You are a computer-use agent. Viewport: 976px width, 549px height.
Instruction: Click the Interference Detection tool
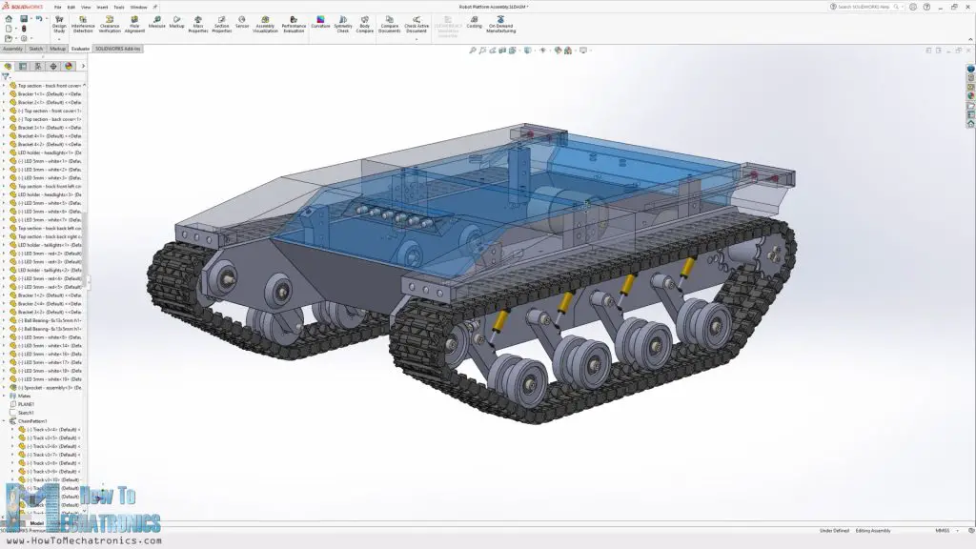coord(83,23)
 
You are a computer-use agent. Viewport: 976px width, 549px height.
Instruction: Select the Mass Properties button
coord(198,23)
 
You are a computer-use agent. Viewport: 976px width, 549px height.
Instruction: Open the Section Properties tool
coord(221,23)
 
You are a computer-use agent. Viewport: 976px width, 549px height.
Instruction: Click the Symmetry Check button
coord(343,23)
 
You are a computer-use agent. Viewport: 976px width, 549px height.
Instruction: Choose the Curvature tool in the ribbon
coord(320,23)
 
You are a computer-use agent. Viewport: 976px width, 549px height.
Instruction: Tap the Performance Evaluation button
coord(294,23)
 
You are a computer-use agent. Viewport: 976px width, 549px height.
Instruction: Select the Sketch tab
coord(36,48)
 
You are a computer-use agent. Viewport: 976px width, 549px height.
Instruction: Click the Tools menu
coord(118,7)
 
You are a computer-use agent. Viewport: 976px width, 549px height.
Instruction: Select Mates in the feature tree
coord(24,396)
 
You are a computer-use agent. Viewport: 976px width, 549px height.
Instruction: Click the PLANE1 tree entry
coord(26,404)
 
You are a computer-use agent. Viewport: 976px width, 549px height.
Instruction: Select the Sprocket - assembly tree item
coord(48,388)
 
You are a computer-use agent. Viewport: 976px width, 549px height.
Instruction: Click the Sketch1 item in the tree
coord(26,413)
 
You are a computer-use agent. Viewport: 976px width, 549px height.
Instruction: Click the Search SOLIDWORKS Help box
coord(863,7)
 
